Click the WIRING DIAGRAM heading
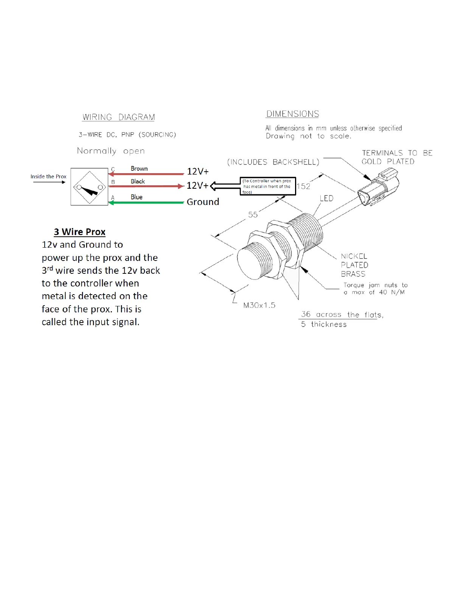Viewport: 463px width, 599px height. point(118,117)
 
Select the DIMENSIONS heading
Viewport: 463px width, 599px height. point(292,114)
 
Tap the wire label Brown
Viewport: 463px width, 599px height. point(139,169)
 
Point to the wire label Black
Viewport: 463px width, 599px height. point(138,182)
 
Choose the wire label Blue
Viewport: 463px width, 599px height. point(137,197)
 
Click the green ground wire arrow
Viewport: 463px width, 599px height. point(146,203)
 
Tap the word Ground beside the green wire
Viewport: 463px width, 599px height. point(203,202)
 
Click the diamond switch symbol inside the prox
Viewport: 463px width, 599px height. point(89,187)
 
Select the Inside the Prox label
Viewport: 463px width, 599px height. point(48,177)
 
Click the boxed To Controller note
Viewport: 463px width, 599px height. point(267,186)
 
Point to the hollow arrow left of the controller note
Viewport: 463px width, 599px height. point(224,186)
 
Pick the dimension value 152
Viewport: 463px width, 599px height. point(304,186)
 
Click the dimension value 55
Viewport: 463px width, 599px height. point(253,215)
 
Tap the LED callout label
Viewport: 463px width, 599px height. point(326,199)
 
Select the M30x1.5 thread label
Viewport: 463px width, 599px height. point(259,305)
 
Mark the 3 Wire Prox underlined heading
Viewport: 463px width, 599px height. point(79,232)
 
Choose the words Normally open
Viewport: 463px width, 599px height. point(110,151)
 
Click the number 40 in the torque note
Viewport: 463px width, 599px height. point(383,292)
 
